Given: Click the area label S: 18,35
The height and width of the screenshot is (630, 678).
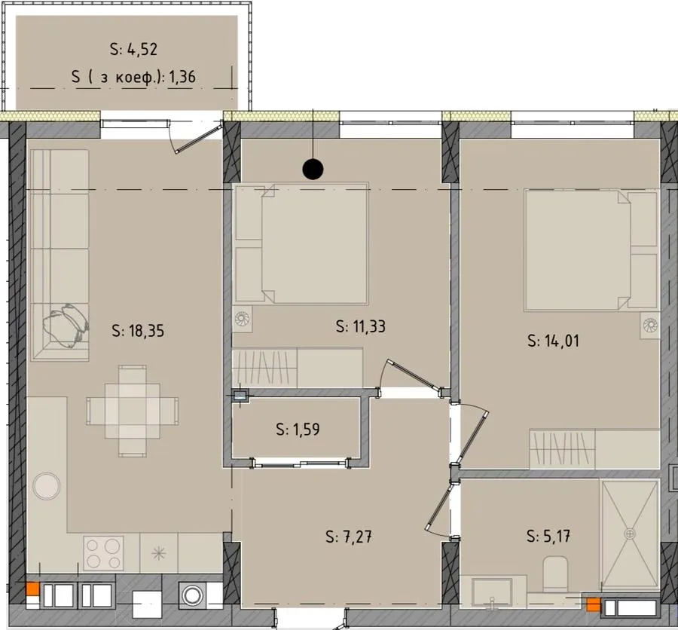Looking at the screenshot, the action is click(138, 331).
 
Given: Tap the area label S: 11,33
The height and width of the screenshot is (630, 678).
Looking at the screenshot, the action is click(361, 326).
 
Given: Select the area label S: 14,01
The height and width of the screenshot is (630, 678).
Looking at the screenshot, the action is click(553, 341).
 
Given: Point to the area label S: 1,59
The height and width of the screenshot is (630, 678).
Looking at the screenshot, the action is click(298, 430).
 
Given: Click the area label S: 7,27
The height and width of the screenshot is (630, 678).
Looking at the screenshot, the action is click(349, 537).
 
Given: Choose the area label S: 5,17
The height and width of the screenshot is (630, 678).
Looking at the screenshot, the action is click(548, 537).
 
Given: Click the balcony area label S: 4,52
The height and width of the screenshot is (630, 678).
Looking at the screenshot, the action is click(133, 49).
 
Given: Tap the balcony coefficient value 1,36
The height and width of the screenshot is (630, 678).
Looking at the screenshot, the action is click(182, 77).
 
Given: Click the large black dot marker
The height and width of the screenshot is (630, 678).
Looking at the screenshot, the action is click(313, 169).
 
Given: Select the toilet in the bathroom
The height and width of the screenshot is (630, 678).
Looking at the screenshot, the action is click(554, 574).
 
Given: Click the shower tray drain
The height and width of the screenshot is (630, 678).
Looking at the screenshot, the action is click(630, 534).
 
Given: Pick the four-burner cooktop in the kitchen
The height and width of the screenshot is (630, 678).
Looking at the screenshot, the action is click(103, 552).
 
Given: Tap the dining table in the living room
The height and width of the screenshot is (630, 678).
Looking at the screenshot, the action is click(133, 411).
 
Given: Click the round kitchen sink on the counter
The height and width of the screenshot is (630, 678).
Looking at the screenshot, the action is click(46, 486).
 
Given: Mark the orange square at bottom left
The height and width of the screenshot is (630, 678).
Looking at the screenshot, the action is click(33, 589).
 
